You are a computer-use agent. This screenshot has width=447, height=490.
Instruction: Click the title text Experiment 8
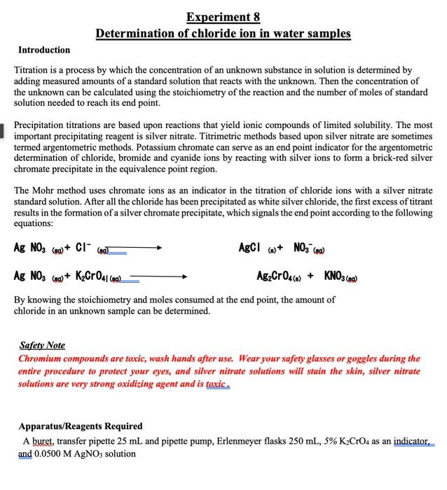[224, 17]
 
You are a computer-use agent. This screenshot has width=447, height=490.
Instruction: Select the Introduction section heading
[44, 50]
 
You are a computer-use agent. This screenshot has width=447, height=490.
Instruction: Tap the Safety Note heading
[41, 345]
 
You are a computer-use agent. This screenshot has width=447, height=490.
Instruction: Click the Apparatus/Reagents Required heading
[81, 426]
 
